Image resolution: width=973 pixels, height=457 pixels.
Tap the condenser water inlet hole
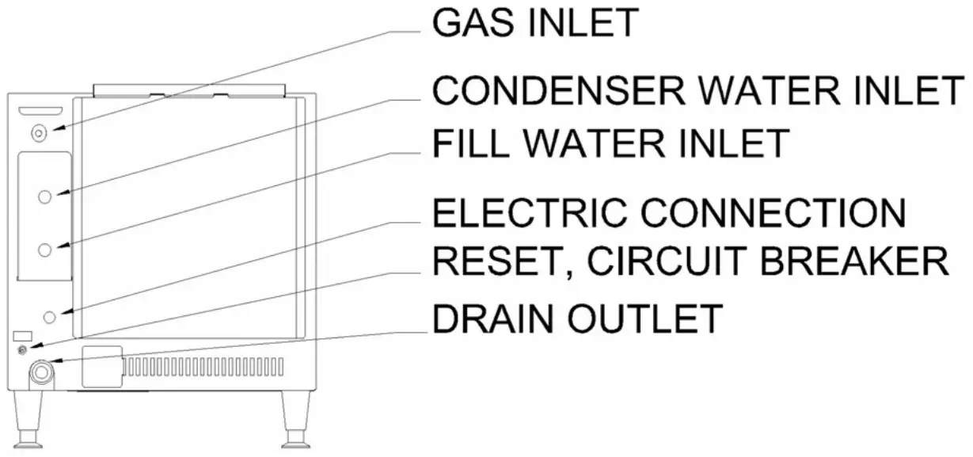click(45, 196)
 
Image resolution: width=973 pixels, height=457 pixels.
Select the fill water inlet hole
click(45, 249)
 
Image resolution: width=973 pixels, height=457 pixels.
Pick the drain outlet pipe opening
click(39, 370)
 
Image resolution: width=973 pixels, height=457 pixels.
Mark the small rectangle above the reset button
click(22, 336)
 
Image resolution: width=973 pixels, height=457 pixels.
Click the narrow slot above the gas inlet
click(40, 109)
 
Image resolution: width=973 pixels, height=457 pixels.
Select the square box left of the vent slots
click(101, 366)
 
